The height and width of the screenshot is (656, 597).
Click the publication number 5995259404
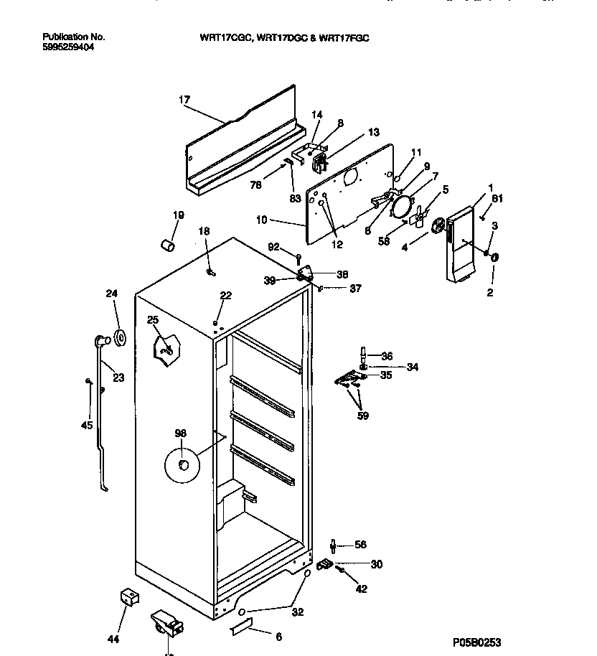(x=68, y=47)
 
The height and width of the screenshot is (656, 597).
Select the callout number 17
(x=184, y=100)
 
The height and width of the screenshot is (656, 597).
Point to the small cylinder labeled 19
(x=169, y=246)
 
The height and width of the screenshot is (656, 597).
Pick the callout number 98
(x=180, y=433)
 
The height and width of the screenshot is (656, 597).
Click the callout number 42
(x=362, y=589)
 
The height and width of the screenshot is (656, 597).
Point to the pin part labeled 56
(x=333, y=546)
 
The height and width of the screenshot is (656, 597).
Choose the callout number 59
(x=363, y=416)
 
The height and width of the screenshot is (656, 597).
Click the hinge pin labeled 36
(x=364, y=355)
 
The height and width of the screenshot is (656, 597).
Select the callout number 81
(x=497, y=199)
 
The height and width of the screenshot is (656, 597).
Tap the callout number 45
(x=87, y=425)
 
